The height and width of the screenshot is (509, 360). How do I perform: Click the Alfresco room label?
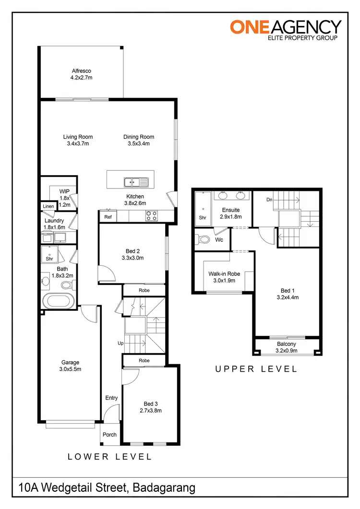point(81,71)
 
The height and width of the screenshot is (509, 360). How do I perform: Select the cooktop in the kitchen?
point(152,216)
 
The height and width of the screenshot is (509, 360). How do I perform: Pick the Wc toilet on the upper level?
point(205,239)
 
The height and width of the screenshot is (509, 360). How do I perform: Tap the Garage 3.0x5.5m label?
point(70,366)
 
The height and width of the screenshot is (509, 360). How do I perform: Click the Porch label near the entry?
point(109,435)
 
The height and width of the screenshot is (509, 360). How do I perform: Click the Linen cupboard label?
point(48,206)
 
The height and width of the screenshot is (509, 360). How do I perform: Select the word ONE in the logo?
point(245,26)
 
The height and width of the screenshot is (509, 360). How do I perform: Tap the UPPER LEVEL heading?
point(256,369)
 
